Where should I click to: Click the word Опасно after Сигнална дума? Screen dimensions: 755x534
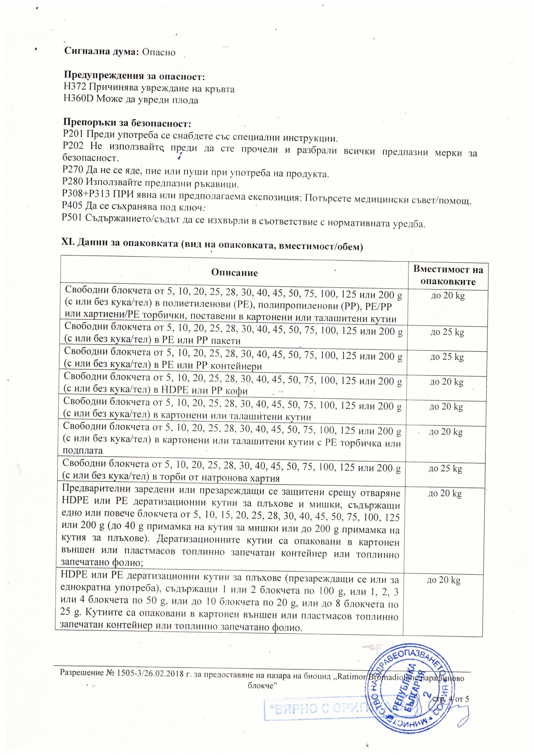pos(159,52)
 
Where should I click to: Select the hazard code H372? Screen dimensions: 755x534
pos(75,88)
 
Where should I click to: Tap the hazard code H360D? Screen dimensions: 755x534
pos(78,99)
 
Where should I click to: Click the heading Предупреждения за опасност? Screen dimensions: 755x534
pos(134,76)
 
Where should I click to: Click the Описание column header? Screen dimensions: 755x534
pos(234,273)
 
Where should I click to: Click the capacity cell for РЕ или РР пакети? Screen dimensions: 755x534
pos(447,332)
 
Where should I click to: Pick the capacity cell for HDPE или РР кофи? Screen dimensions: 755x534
pos(446,382)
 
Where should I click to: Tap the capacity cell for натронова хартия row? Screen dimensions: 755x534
pos(445,468)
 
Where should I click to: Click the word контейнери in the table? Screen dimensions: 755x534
pos(235,366)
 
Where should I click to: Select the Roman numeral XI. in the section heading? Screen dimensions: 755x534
pos(68,242)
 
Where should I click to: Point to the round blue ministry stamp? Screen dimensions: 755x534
pos(411,693)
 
